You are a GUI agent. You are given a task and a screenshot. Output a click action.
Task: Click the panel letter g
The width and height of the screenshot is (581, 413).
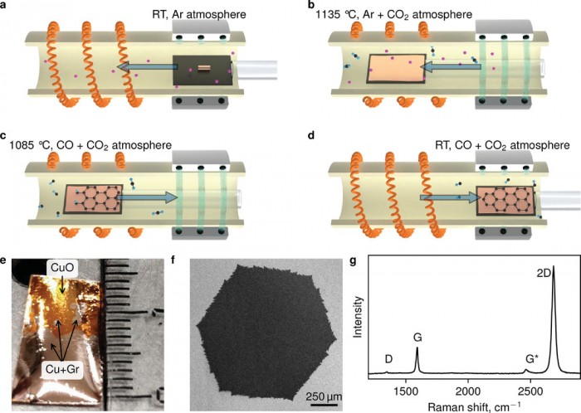click(x=355, y=263)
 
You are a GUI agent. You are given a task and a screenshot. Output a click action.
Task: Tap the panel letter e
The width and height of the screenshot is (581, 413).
click(x=6, y=263)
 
